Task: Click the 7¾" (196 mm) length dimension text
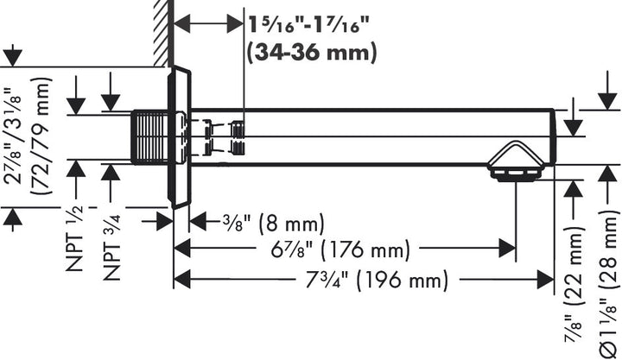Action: pyautogui.click(x=377, y=281)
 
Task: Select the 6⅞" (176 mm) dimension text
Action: pyautogui.click(x=340, y=249)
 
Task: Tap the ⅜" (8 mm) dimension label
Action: pyautogui.click(x=273, y=223)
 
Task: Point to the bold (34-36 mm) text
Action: pyautogui.click(x=311, y=52)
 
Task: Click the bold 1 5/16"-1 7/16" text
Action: pyautogui.click(x=308, y=25)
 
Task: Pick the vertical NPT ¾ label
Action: pyautogui.click(x=111, y=248)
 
